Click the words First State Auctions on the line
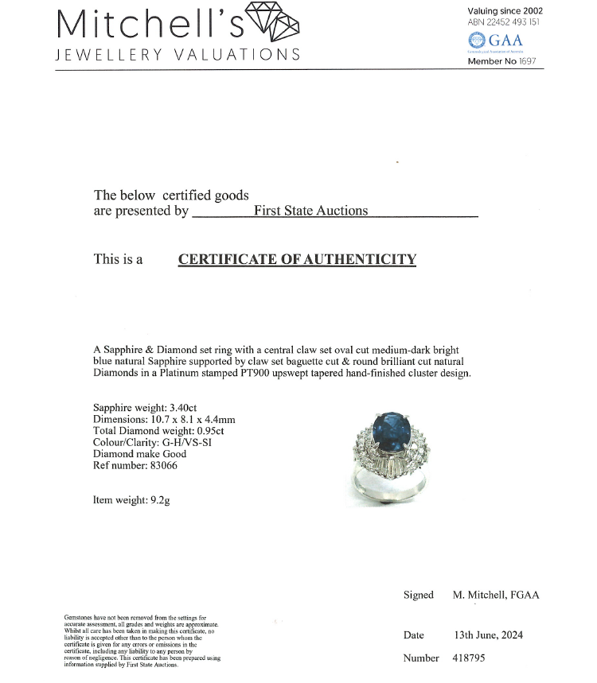tap(310, 211)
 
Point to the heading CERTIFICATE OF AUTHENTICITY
tap(297, 259)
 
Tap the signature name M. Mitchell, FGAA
tap(495, 595)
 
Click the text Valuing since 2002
tap(505, 10)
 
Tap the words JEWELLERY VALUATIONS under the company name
tap(178, 55)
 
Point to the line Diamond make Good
tap(140, 454)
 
